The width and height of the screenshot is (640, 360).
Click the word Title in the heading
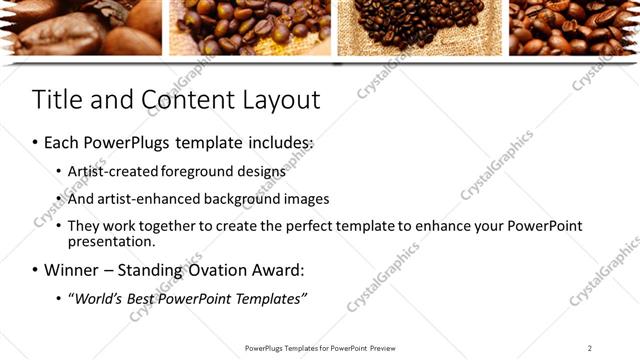[57, 100]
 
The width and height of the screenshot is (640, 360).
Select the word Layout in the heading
[280, 100]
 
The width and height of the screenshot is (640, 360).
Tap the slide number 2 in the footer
[589, 348]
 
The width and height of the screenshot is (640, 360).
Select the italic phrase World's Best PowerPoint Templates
[190, 299]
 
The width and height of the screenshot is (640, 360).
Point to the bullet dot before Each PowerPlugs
[36, 143]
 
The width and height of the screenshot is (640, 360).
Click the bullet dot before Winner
[36, 270]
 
